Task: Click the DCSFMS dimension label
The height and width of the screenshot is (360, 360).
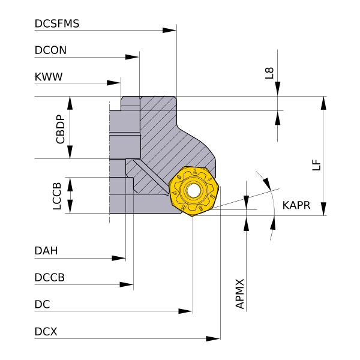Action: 57,24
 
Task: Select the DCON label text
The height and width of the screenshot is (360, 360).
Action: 50,51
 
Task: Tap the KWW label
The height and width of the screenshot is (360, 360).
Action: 49,77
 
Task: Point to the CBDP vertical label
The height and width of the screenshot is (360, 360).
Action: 60,128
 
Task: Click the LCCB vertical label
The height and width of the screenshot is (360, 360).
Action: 57,196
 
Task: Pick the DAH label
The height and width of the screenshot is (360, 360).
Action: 46,251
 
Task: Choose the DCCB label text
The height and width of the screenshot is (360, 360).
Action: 50,277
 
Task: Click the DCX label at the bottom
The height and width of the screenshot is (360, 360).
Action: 46,331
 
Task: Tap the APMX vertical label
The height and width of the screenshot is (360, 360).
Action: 240,293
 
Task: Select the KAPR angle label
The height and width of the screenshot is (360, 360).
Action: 296,205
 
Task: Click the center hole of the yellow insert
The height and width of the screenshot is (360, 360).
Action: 194,191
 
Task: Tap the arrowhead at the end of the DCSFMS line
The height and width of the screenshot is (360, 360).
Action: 170,29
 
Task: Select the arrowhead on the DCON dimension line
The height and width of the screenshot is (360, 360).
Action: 133,57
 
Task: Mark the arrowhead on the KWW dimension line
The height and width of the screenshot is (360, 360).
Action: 114,83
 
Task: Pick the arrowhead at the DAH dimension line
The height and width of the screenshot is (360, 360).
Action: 119,258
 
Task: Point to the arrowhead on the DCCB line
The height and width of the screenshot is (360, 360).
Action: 127,284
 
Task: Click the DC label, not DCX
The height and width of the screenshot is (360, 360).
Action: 42,305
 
